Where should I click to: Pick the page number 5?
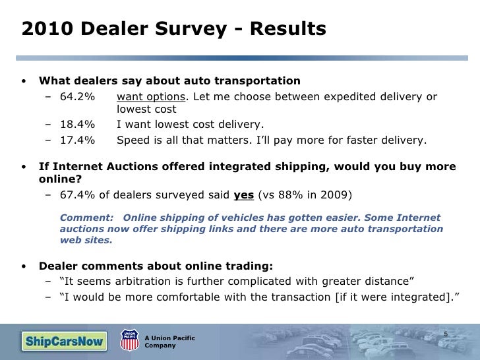[x=446, y=333]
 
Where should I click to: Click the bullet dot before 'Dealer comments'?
[x=24, y=266]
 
